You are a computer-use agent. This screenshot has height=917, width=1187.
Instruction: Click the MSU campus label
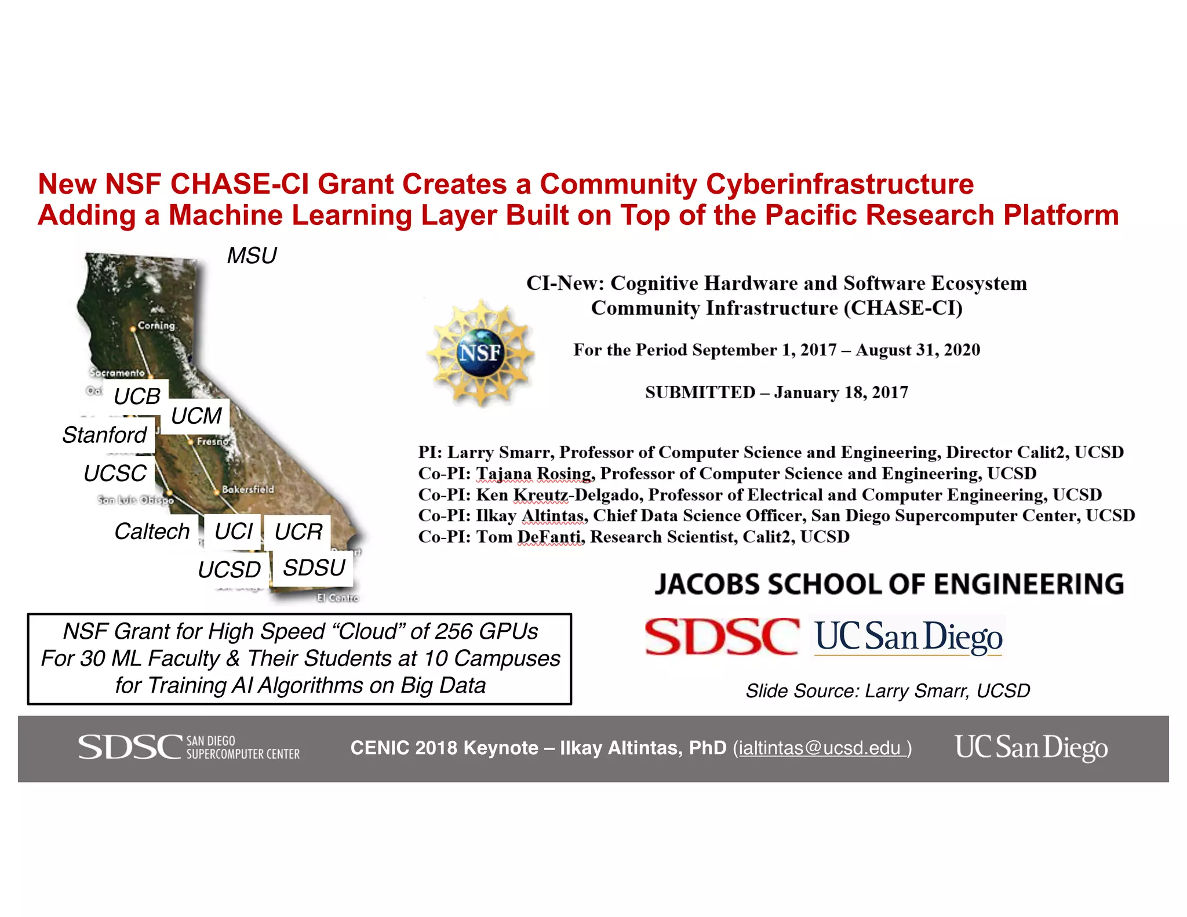pos(252,256)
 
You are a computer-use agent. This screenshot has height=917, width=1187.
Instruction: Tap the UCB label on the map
pos(137,396)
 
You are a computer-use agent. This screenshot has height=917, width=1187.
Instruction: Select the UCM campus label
pos(196,416)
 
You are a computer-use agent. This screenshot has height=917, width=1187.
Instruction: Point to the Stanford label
pos(105,435)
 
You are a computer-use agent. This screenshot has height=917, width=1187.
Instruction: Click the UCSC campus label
pos(115,474)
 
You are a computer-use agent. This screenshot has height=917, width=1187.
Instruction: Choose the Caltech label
pos(152,532)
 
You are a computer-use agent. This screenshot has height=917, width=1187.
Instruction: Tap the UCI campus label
pos(234,532)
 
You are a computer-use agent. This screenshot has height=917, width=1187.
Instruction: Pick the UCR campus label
pos(298,532)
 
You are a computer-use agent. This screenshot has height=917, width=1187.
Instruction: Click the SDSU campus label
pos(314,568)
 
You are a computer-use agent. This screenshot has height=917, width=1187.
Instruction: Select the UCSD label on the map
pos(230,570)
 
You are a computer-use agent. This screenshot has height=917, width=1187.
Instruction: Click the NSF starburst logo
pos(480,352)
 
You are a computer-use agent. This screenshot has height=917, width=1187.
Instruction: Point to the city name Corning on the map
pos(156,326)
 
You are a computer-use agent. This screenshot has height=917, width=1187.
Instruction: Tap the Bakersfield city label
pos(248,490)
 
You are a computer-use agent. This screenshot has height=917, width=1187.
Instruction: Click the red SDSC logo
pos(722,636)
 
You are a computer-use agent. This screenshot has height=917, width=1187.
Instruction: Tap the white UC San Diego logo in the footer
pos(1031,747)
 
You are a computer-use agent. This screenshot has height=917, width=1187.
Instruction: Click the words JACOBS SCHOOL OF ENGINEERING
pos(889,584)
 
